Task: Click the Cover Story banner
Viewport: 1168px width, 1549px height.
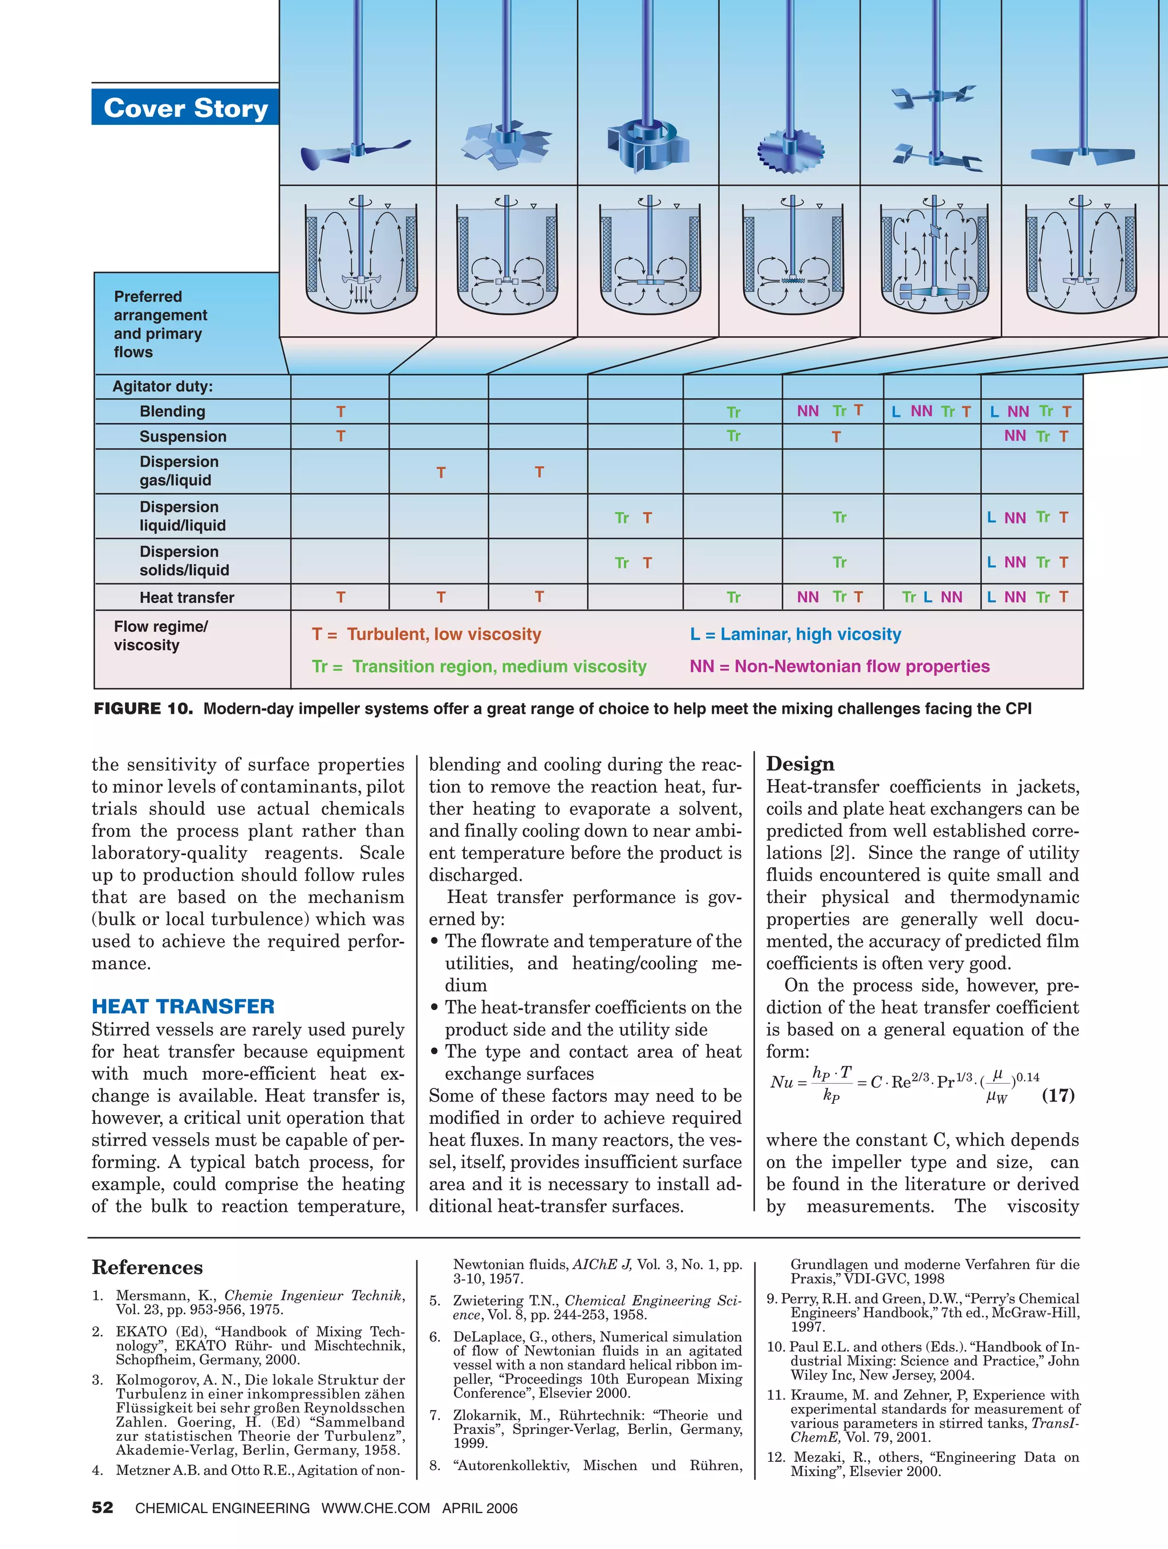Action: (x=186, y=108)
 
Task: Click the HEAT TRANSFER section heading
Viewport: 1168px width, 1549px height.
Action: (x=183, y=1006)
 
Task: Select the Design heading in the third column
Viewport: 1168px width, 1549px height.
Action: (x=800, y=763)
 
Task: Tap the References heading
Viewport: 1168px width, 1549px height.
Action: (x=147, y=1267)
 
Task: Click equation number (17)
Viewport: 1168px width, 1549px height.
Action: (x=1057, y=1095)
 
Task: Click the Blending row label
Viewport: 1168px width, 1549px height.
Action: (x=172, y=411)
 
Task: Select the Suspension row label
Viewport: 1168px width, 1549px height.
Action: (x=183, y=436)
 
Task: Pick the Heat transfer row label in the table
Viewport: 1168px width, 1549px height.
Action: (x=186, y=597)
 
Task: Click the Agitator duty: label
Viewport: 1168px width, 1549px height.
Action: (x=163, y=387)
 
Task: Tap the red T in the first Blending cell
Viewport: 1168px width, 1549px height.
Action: (x=340, y=412)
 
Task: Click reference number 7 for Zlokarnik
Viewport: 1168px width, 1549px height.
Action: (x=435, y=1414)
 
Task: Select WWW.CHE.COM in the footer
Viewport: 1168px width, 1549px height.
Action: (x=376, y=1509)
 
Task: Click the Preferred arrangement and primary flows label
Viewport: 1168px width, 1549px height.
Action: (x=160, y=324)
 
